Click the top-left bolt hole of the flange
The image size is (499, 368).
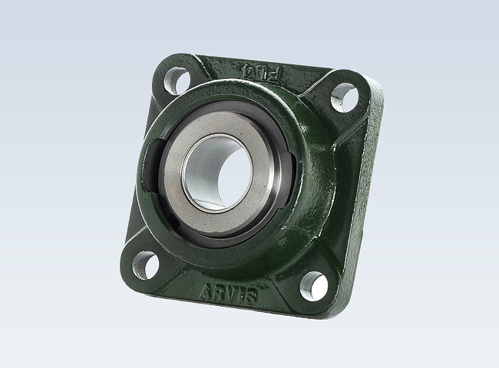tap(176, 80)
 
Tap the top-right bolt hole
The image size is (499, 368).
tap(342, 97)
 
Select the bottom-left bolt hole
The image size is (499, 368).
tap(144, 264)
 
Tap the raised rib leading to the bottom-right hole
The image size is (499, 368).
tap(296, 264)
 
